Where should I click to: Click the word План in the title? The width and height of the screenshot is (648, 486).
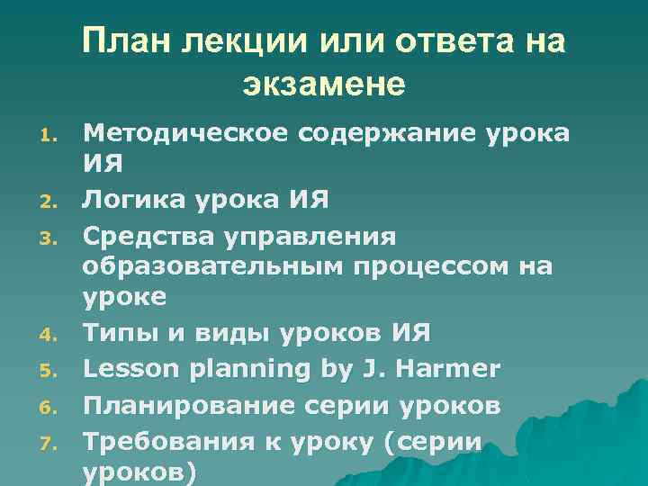[x=129, y=42]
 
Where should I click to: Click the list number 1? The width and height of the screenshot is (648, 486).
[x=50, y=138]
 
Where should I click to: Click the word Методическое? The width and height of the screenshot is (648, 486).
[x=181, y=134]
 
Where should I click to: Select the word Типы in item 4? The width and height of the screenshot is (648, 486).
[x=112, y=334]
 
